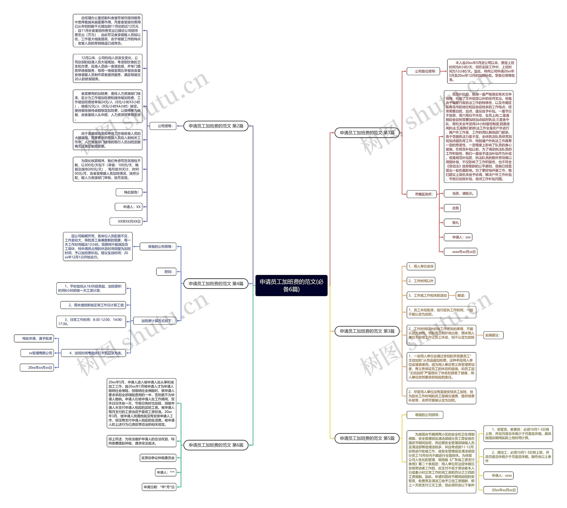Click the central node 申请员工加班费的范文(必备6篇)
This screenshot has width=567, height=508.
coord(291,285)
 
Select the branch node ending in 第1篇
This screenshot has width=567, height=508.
coord(367,133)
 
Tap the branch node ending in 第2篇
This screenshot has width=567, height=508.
coord(216,126)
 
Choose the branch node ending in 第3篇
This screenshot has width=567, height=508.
coord(367,331)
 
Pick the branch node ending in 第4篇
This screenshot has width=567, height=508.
coord(216,284)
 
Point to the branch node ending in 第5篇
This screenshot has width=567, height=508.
coord(367,438)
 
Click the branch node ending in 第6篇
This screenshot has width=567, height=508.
coord(216,445)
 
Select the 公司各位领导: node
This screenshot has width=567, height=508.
coord(423,71)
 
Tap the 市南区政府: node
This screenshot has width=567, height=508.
coord(423,194)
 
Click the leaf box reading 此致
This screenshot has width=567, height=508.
coord(452,208)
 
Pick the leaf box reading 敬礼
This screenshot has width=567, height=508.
coord(452,222)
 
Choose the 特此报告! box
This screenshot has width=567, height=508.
coord(129,192)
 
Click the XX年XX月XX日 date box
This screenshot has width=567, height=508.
coord(126,221)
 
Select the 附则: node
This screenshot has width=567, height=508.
coord(166,272)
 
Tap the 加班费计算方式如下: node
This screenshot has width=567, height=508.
coord(155,321)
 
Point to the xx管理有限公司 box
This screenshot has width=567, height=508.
coord(37,353)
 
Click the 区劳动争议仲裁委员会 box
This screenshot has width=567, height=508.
coord(158,458)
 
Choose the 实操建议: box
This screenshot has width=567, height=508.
coord(493,335)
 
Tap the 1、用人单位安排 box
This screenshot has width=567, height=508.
coord(421,266)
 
